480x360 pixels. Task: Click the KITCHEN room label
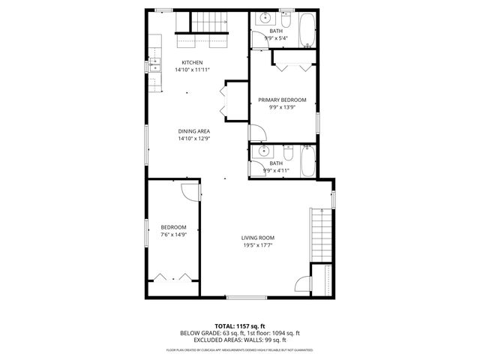pyautogui.click(x=193, y=62)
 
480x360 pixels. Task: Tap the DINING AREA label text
pyautogui.click(x=193, y=131)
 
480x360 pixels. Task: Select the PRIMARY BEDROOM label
pyautogui.click(x=282, y=100)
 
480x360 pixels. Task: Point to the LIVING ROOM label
pyautogui.click(x=256, y=238)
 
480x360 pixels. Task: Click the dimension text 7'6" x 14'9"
pyautogui.click(x=173, y=235)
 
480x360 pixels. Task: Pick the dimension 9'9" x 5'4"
pyautogui.click(x=276, y=38)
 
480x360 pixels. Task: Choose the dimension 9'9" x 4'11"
pyautogui.click(x=276, y=170)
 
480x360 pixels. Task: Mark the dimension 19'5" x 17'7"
pyautogui.click(x=256, y=245)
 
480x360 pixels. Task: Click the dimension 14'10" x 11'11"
pyautogui.click(x=193, y=70)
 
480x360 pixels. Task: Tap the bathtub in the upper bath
pyautogui.click(x=307, y=30)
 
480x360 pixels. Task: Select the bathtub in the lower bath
pyautogui.click(x=307, y=160)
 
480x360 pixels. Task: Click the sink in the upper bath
pyautogui.click(x=264, y=19)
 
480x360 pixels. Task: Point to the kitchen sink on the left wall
pyautogui.click(x=155, y=66)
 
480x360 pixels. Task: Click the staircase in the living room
pyautogui.click(x=321, y=234)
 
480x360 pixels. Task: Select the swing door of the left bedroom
pyautogui.click(x=192, y=190)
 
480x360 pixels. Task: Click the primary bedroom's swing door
pyautogui.click(x=256, y=133)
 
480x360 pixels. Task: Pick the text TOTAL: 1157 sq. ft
pyautogui.click(x=239, y=326)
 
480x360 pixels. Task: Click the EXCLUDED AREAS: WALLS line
pyautogui.click(x=239, y=340)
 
